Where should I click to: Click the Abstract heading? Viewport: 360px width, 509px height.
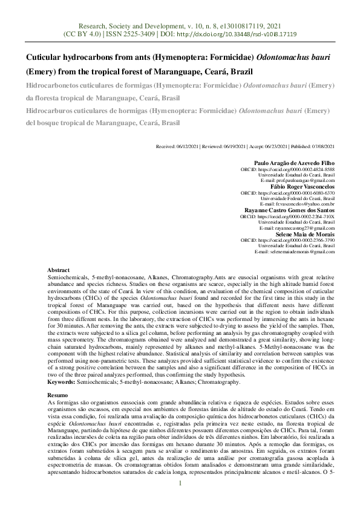click(58, 270)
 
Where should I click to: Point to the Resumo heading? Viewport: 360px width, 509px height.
click(58, 394)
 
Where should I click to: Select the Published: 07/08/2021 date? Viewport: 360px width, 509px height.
click(311, 146)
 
